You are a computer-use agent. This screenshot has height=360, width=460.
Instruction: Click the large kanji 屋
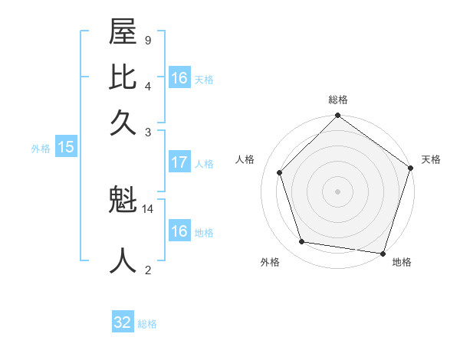click(x=123, y=34)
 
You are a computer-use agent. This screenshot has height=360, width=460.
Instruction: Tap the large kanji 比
click(x=123, y=78)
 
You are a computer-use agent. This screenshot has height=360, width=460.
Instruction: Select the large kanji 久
click(x=123, y=122)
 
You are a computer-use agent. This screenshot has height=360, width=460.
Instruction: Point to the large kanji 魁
click(x=123, y=201)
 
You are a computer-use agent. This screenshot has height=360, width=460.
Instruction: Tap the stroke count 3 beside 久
click(x=148, y=132)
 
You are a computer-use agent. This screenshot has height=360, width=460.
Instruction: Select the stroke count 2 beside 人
click(x=148, y=269)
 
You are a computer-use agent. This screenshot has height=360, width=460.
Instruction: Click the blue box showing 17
click(x=179, y=162)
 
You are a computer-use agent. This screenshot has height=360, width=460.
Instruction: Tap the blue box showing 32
click(x=123, y=322)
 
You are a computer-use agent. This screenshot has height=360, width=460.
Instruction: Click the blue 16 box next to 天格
click(x=179, y=78)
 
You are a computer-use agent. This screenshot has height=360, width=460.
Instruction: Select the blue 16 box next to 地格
click(x=179, y=231)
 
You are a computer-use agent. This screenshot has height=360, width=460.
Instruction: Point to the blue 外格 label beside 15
click(x=41, y=149)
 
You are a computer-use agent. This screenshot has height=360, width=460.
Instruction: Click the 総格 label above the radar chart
click(x=337, y=100)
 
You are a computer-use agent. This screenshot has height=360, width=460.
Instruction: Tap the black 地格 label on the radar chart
click(x=402, y=263)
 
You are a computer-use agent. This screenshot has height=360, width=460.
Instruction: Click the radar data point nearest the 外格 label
click(x=302, y=241)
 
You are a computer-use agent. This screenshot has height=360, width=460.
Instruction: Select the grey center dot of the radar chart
click(x=337, y=191)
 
